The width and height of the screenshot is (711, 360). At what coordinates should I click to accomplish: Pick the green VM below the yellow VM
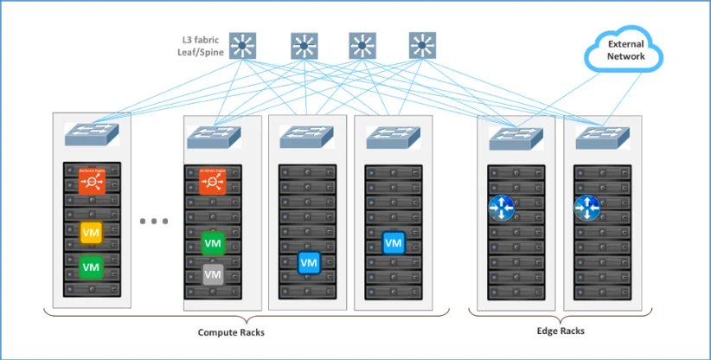pos(92,267)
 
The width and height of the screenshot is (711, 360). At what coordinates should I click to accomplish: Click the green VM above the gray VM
pos(213,243)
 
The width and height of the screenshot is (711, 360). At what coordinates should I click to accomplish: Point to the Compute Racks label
pos(231,332)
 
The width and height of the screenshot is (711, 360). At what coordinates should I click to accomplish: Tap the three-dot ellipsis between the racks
pos(153,222)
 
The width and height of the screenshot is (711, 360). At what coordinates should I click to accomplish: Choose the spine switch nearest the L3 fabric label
pos(246,45)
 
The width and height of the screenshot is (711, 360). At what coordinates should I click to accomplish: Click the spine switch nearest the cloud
pos(422,45)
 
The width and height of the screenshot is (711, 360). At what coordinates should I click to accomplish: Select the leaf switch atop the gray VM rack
pos(213,138)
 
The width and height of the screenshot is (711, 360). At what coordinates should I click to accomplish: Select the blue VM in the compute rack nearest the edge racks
pos(394,243)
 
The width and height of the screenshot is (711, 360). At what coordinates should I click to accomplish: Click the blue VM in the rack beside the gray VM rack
pos(308,261)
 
